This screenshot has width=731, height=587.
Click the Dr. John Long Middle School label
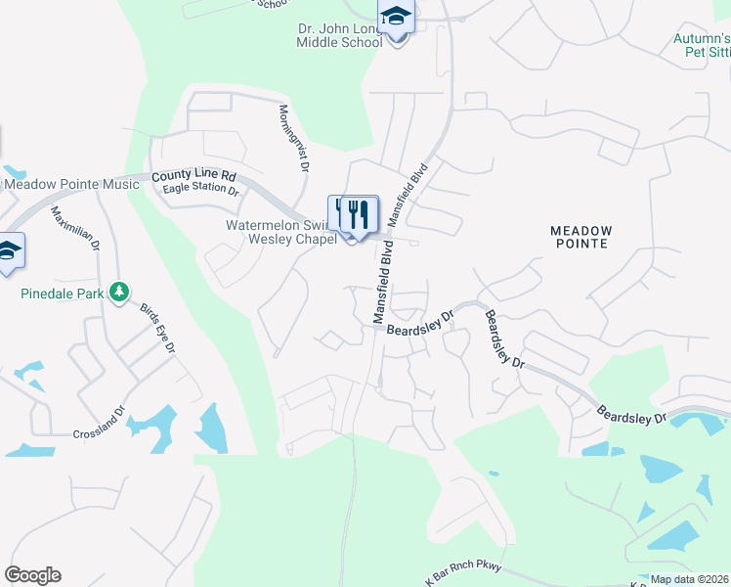(340, 36)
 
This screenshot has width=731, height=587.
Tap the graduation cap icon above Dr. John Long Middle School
(396, 18)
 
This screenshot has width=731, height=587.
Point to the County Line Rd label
(193, 177)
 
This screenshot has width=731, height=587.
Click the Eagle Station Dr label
(200, 189)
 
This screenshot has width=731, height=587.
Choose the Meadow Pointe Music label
(71, 184)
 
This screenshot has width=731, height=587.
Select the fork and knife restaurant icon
(359, 214)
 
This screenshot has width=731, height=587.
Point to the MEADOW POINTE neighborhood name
(580, 237)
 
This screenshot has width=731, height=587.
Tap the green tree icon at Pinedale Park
(119, 292)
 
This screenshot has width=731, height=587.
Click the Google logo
(32, 575)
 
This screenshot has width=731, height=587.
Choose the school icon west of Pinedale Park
(8, 252)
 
